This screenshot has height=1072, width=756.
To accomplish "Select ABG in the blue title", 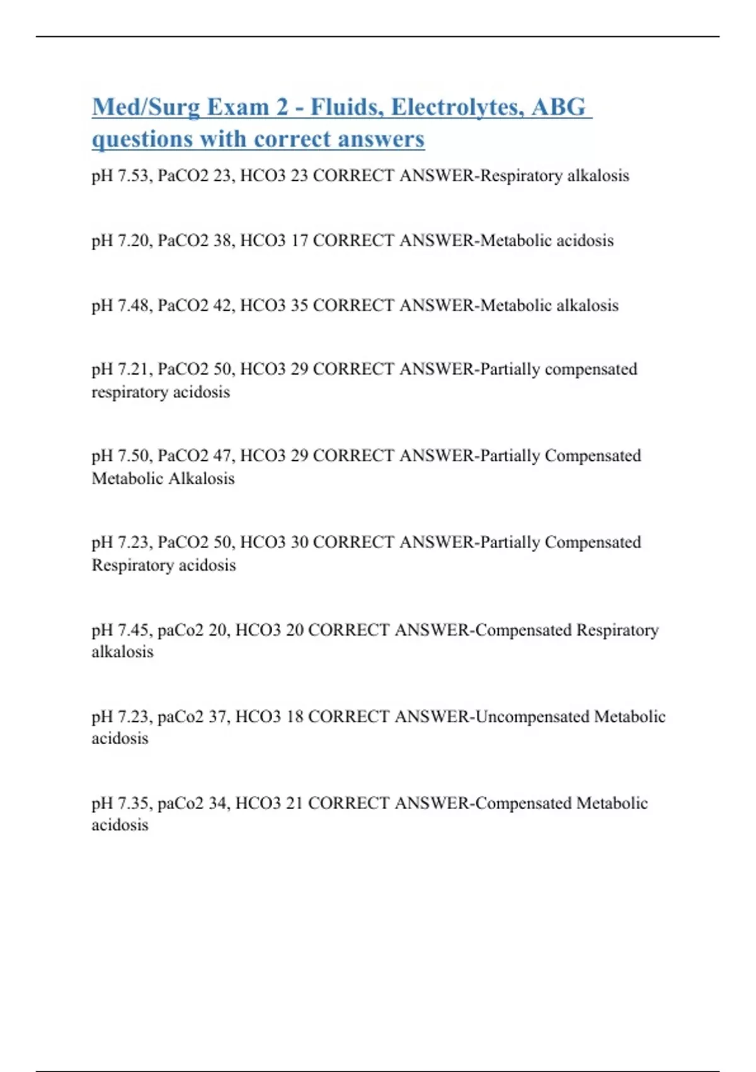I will click(x=558, y=108).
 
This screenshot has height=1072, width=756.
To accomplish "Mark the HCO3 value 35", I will click(x=299, y=305).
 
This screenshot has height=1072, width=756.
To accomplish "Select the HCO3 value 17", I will click(x=299, y=240).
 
